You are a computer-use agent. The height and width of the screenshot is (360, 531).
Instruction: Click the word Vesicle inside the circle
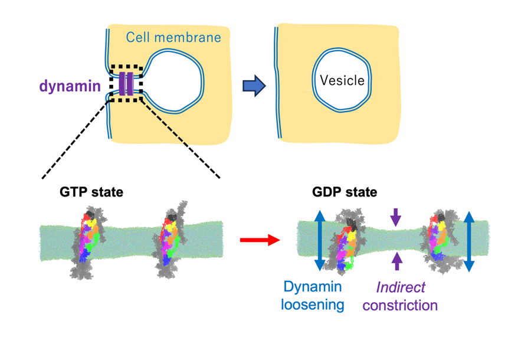coord(342,80)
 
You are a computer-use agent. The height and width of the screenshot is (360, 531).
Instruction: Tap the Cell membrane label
coord(173,38)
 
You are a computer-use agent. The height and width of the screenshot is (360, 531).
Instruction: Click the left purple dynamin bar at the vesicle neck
coord(122,84)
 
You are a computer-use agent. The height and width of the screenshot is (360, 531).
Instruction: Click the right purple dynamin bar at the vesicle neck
coord(130,84)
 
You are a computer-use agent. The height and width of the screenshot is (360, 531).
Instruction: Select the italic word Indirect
coord(401,287)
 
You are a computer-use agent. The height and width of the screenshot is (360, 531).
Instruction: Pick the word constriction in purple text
coord(400,305)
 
